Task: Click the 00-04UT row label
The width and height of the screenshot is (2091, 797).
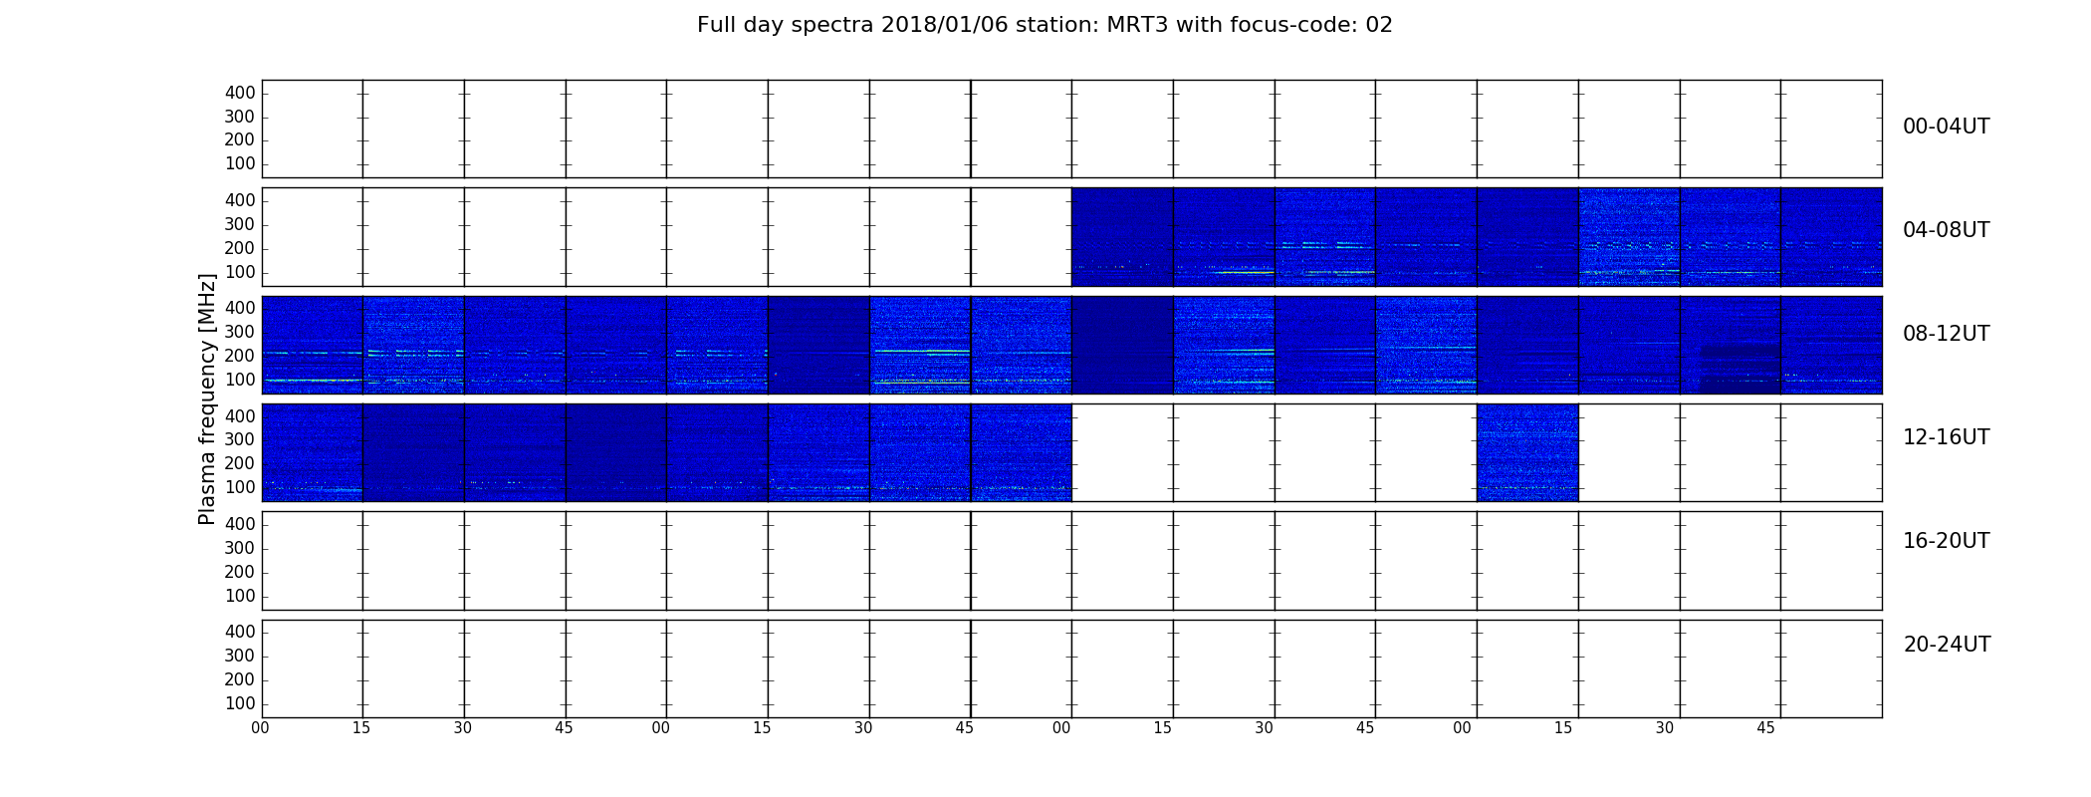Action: (x=1946, y=127)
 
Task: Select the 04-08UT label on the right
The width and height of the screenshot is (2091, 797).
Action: (x=1946, y=230)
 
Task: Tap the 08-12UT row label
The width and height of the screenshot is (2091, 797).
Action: (x=1946, y=334)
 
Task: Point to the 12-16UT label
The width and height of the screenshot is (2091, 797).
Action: (x=1946, y=437)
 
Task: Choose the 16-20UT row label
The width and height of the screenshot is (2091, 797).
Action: (x=1946, y=541)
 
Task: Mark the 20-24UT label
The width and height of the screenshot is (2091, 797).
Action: (x=1947, y=645)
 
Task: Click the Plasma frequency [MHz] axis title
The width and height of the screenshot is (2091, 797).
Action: (x=207, y=398)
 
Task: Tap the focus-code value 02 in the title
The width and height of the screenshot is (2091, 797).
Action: (x=1379, y=25)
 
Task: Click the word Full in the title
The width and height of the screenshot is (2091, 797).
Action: (x=715, y=25)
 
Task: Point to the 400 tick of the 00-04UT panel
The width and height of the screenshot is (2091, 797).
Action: (x=240, y=93)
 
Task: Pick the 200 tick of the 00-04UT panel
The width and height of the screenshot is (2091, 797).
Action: (x=240, y=140)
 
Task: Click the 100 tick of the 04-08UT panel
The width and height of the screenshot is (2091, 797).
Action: (x=240, y=272)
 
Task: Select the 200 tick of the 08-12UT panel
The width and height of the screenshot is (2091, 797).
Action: (x=240, y=356)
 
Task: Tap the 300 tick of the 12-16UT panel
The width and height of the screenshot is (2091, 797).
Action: (x=240, y=439)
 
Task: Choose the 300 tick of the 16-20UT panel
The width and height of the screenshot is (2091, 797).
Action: (x=240, y=548)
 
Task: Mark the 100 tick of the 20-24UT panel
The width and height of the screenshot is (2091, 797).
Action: (x=240, y=703)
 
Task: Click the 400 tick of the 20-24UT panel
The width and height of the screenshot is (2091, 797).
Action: (x=240, y=632)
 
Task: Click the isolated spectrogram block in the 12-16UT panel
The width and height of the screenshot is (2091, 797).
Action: (x=1527, y=452)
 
